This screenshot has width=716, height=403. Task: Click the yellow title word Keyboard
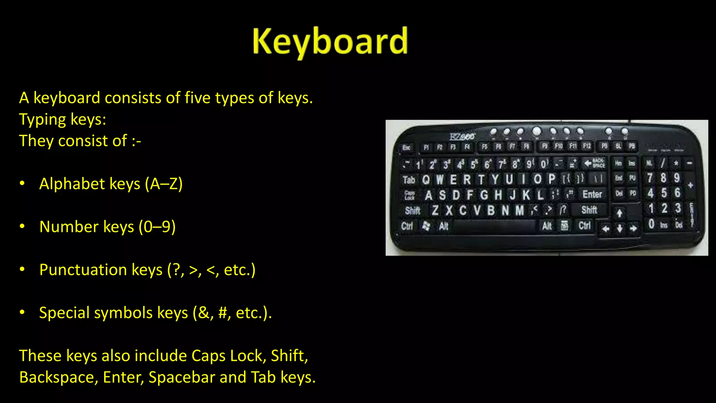pos(330,42)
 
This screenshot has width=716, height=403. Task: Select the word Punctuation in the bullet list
pos(83,270)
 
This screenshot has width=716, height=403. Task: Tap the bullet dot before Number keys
pos(22,227)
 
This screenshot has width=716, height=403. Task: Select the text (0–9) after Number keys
pos(157,227)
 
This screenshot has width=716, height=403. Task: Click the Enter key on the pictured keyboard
pos(592,194)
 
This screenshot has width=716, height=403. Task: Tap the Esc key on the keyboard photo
pos(406,148)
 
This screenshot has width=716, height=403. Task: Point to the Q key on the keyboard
pos(426,180)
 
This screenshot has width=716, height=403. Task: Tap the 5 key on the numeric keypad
pos(664,193)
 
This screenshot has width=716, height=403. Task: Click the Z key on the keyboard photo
pos(435,210)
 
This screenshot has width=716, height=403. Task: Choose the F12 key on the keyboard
pos(587,146)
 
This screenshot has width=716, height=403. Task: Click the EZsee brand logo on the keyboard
pos(462,136)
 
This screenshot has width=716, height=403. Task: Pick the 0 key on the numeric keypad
pos(651,224)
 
